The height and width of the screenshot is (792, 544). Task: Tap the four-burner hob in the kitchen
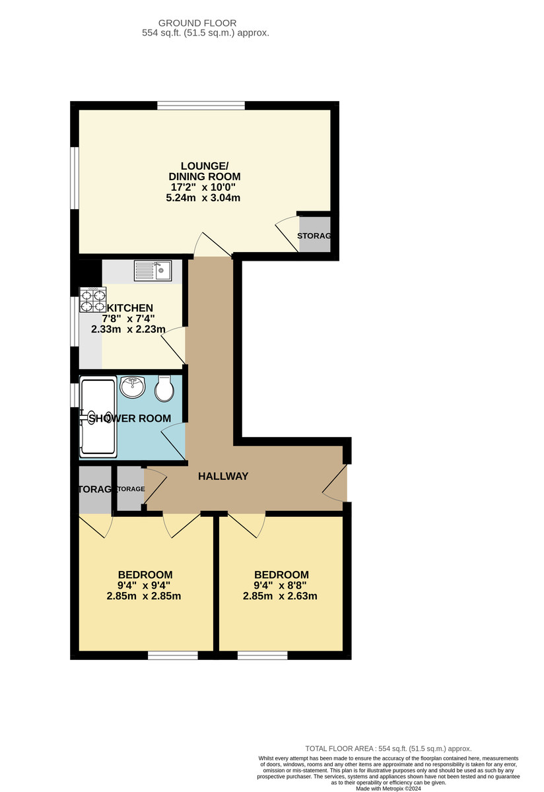(x=92, y=300)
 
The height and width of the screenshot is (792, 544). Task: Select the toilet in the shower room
(x=164, y=390)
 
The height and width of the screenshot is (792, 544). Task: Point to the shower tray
(x=98, y=417)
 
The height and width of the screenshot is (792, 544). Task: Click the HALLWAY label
(x=223, y=476)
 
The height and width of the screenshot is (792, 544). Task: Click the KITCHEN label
(x=130, y=308)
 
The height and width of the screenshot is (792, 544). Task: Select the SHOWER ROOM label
(x=130, y=418)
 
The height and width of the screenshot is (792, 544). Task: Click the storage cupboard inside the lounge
(x=314, y=236)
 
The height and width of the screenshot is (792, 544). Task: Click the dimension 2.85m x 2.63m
(x=281, y=596)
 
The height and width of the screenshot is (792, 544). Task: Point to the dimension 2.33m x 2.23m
(x=129, y=329)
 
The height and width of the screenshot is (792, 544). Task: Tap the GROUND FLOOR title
(x=206, y=23)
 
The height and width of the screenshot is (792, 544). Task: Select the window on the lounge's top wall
(x=201, y=105)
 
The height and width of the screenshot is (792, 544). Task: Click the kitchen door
(x=174, y=343)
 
